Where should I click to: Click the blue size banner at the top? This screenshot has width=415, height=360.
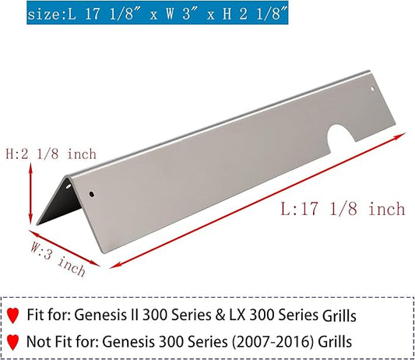coord(157,12)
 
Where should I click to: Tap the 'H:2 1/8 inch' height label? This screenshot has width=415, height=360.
coord(51,154)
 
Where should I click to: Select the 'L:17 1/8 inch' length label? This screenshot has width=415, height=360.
coord(343,209)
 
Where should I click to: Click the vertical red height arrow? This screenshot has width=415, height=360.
coord(30,194)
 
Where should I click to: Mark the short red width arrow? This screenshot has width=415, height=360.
coord(65,249)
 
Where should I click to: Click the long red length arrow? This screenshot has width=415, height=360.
coord(258,201)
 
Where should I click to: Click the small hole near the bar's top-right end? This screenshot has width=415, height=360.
coord(372,89)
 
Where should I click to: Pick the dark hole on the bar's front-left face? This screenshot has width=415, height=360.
coord(92,194)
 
